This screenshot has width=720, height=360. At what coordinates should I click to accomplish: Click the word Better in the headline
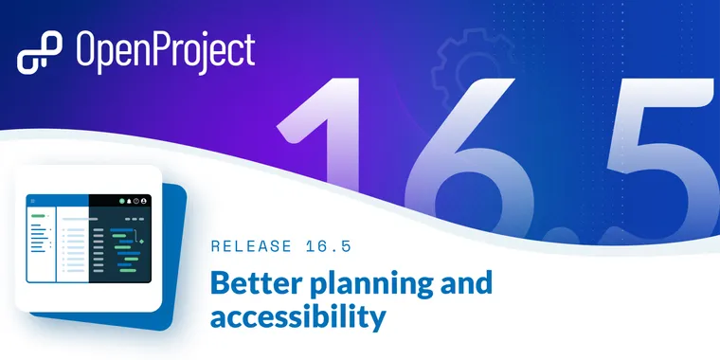coord(253,283)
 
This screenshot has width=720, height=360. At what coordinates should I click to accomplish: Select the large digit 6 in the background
coord(464,161)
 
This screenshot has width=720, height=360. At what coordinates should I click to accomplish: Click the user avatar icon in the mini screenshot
coord(145,201)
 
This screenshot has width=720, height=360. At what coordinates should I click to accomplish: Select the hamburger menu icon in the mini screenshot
coord(32,201)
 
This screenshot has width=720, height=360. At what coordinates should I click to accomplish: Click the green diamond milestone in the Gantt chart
coord(140,242)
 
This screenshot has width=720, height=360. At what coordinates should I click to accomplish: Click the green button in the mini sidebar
coord(38,217)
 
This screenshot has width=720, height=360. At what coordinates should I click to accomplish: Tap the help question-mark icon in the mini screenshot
coord(136,201)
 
